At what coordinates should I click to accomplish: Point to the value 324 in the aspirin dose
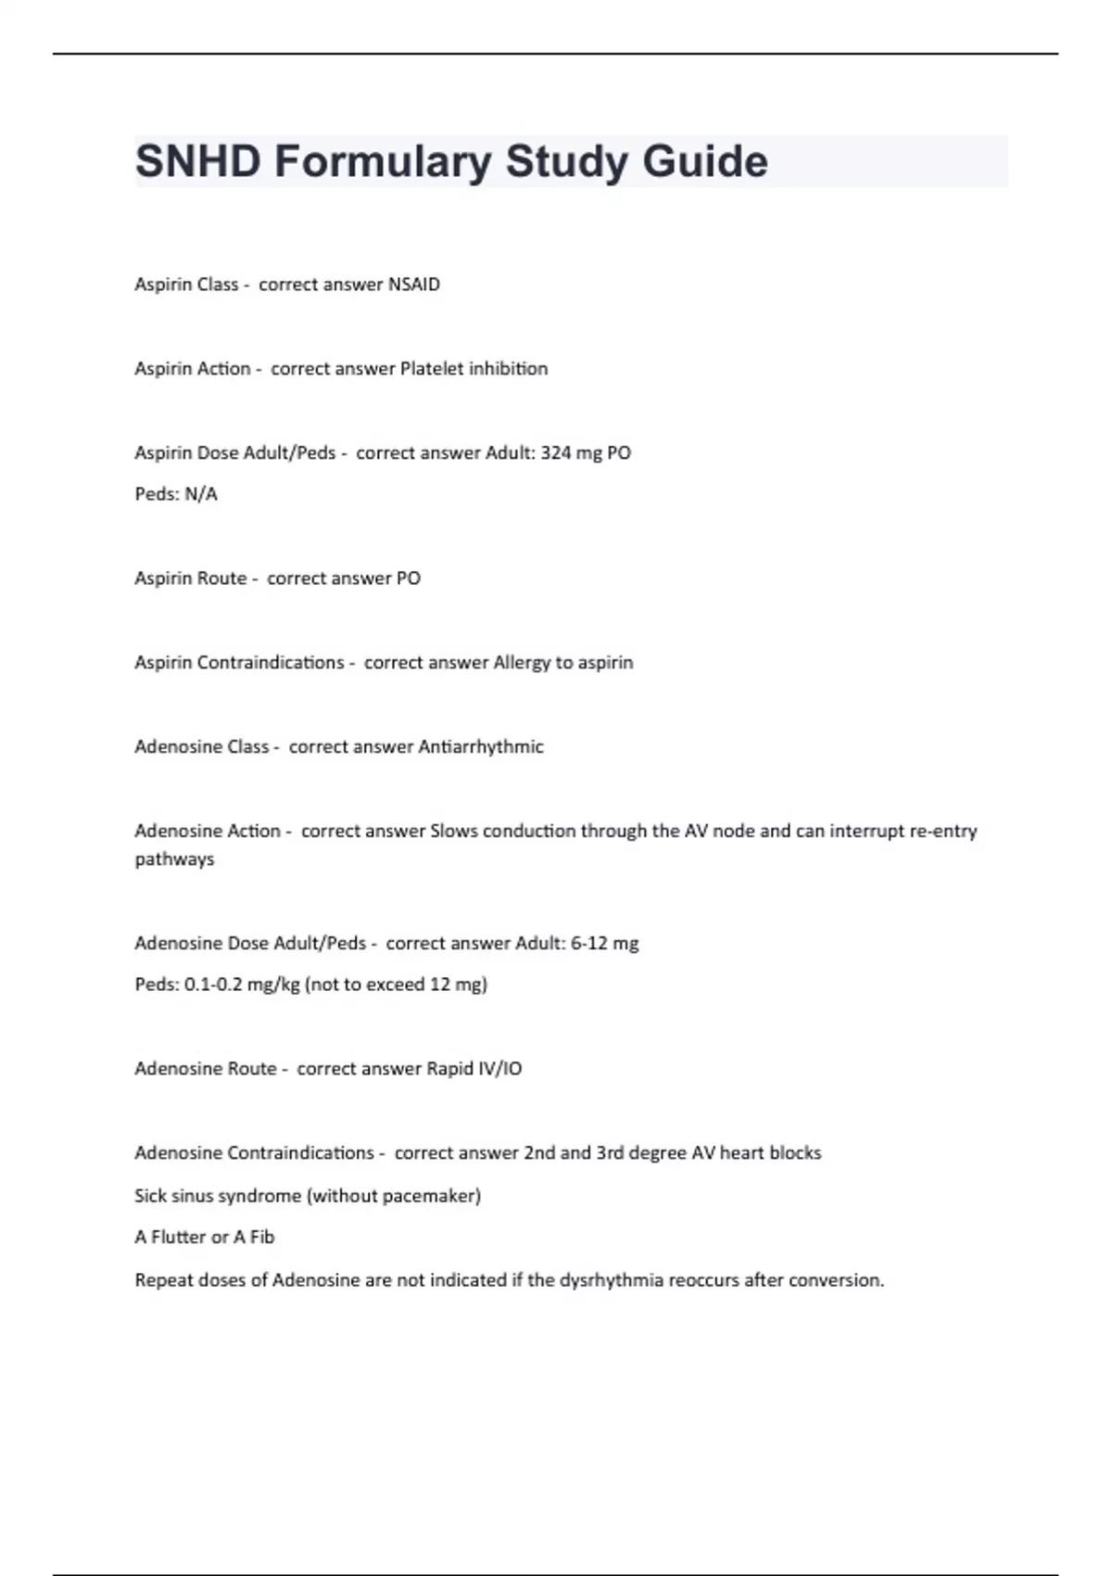tap(555, 453)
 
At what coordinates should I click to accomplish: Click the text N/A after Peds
tap(201, 494)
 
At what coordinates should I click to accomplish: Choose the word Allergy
tap(522, 663)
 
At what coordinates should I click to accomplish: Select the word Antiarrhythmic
tap(481, 747)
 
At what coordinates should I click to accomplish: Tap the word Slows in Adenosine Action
tap(454, 832)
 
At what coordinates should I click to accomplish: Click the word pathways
tap(174, 859)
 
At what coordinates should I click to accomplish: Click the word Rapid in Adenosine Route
tap(449, 1069)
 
